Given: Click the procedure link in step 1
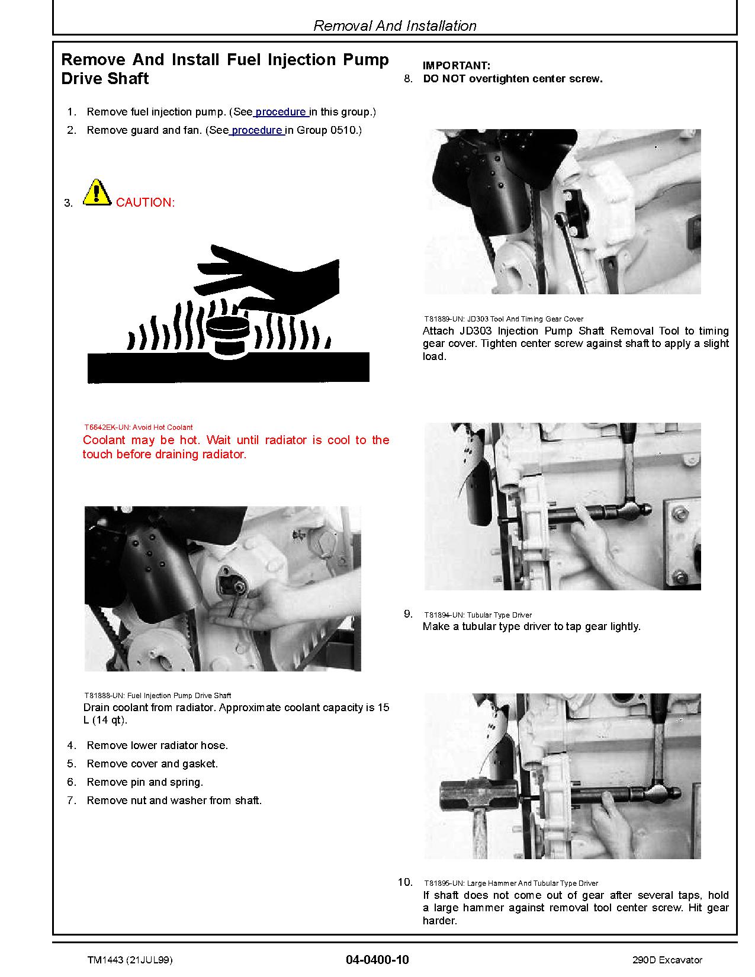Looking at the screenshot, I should click(281, 112).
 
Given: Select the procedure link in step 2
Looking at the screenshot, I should click(256, 130).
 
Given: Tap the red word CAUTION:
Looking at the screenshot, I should click(145, 203).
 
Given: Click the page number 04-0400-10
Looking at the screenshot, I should click(377, 959).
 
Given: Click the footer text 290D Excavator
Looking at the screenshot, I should click(667, 960).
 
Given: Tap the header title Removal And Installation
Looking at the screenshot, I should click(394, 26).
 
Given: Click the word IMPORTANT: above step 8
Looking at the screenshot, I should click(456, 66).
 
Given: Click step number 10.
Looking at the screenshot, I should click(405, 882).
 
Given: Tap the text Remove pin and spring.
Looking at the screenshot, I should click(144, 782).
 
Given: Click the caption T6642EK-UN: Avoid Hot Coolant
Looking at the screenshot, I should click(138, 427).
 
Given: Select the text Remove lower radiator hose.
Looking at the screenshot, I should click(157, 745).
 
